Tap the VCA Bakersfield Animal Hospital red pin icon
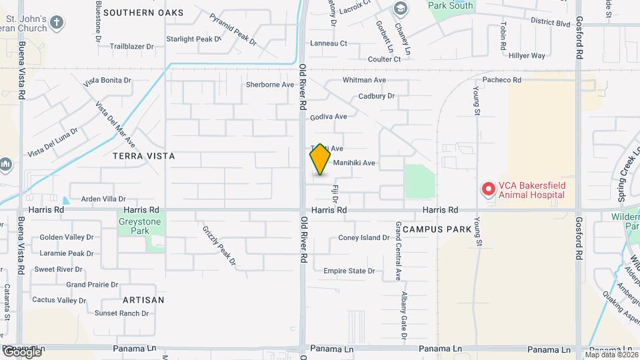[x=488, y=190]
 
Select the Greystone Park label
[x=133, y=227]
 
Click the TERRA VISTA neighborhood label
[x=144, y=156]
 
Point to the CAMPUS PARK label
[x=437, y=229]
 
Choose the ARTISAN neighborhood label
[x=143, y=300]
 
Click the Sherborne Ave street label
[x=270, y=85]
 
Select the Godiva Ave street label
[x=329, y=117]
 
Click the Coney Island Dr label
[x=364, y=238]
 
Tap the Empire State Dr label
[x=349, y=271]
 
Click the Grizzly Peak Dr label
[x=219, y=245]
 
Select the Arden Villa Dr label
[x=103, y=199]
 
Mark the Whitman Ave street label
[x=365, y=80]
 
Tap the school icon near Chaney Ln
[x=400, y=9]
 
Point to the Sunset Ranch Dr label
[x=121, y=313]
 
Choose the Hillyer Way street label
[x=527, y=56]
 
